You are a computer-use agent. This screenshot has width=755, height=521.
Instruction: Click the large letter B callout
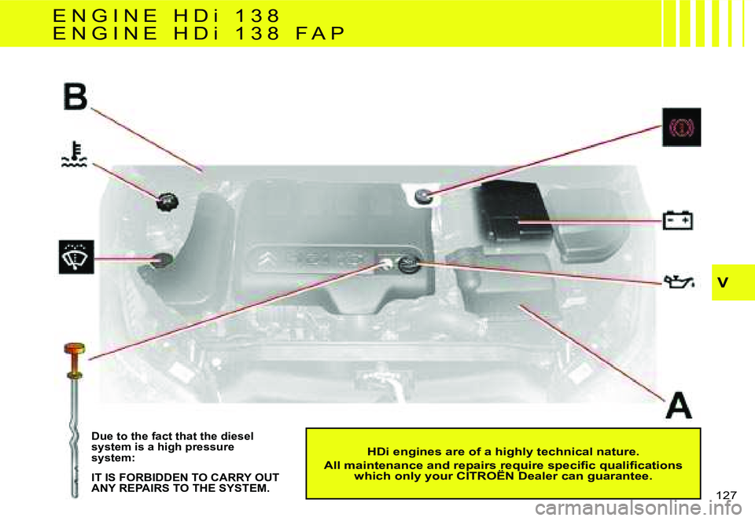(x=75, y=96)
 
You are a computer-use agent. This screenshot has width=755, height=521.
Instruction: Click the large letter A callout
(x=679, y=405)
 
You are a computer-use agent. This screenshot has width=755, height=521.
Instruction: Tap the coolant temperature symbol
(x=75, y=154)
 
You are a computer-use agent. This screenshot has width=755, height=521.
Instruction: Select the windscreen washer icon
(x=76, y=257)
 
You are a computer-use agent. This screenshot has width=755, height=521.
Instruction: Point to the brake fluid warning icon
(x=681, y=127)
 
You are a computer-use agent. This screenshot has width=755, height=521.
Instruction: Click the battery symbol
(x=677, y=220)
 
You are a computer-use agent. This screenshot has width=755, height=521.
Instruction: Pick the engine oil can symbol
(x=679, y=281)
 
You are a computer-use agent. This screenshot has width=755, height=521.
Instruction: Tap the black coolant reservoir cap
(x=167, y=202)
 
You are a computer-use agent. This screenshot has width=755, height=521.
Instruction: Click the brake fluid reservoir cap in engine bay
(x=423, y=196)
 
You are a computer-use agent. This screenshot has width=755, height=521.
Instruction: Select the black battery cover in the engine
(x=514, y=210)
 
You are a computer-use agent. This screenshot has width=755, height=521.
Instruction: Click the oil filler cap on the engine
(x=409, y=264)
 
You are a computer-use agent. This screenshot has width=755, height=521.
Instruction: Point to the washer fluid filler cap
(x=162, y=260)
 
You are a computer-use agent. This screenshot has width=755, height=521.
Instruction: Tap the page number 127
(x=726, y=496)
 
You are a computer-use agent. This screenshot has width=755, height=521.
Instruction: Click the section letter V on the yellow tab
(x=722, y=282)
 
